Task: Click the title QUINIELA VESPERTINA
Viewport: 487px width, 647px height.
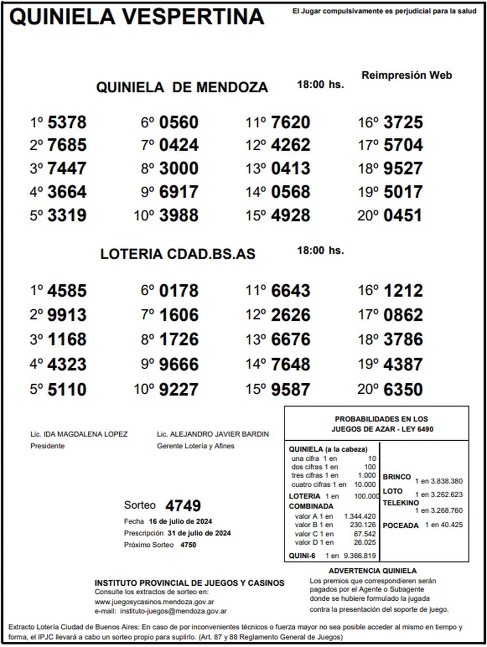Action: pyautogui.click(x=136, y=17)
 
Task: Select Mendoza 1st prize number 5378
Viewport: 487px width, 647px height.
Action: pyautogui.click(x=67, y=122)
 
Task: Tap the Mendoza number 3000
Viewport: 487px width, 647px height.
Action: pyautogui.click(x=179, y=168)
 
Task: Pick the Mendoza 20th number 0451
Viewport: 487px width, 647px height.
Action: pyautogui.click(x=403, y=216)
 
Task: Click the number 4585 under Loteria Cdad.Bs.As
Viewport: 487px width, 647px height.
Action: pyautogui.click(x=67, y=291)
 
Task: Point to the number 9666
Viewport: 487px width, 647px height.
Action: pyautogui.click(x=179, y=364)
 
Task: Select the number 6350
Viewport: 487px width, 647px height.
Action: pyautogui.click(x=403, y=389)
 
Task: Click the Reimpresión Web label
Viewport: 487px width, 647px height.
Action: pyautogui.click(x=406, y=75)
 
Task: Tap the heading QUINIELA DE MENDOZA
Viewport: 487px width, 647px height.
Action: pyautogui.click(x=182, y=87)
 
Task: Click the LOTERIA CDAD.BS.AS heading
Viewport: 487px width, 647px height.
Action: pyautogui.click(x=178, y=254)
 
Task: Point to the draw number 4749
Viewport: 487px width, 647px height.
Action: pyautogui.click(x=183, y=506)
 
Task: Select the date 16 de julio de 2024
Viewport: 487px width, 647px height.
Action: pyautogui.click(x=180, y=522)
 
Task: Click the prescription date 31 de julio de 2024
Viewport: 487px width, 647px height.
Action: pyautogui.click(x=199, y=533)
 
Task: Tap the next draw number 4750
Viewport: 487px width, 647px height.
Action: pyautogui.click(x=188, y=545)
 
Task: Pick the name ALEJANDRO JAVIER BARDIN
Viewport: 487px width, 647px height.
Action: pyautogui.click(x=219, y=434)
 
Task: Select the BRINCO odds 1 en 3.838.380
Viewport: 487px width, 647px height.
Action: pyautogui.click(x=438, y=481)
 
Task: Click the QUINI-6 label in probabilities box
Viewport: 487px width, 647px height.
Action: pyautogui.click(x=302, y=556)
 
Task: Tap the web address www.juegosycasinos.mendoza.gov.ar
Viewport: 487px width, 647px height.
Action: pyautogui.click(x=154, y=602)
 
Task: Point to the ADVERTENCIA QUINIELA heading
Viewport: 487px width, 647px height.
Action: pyautogui.click(x=372, y=571)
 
